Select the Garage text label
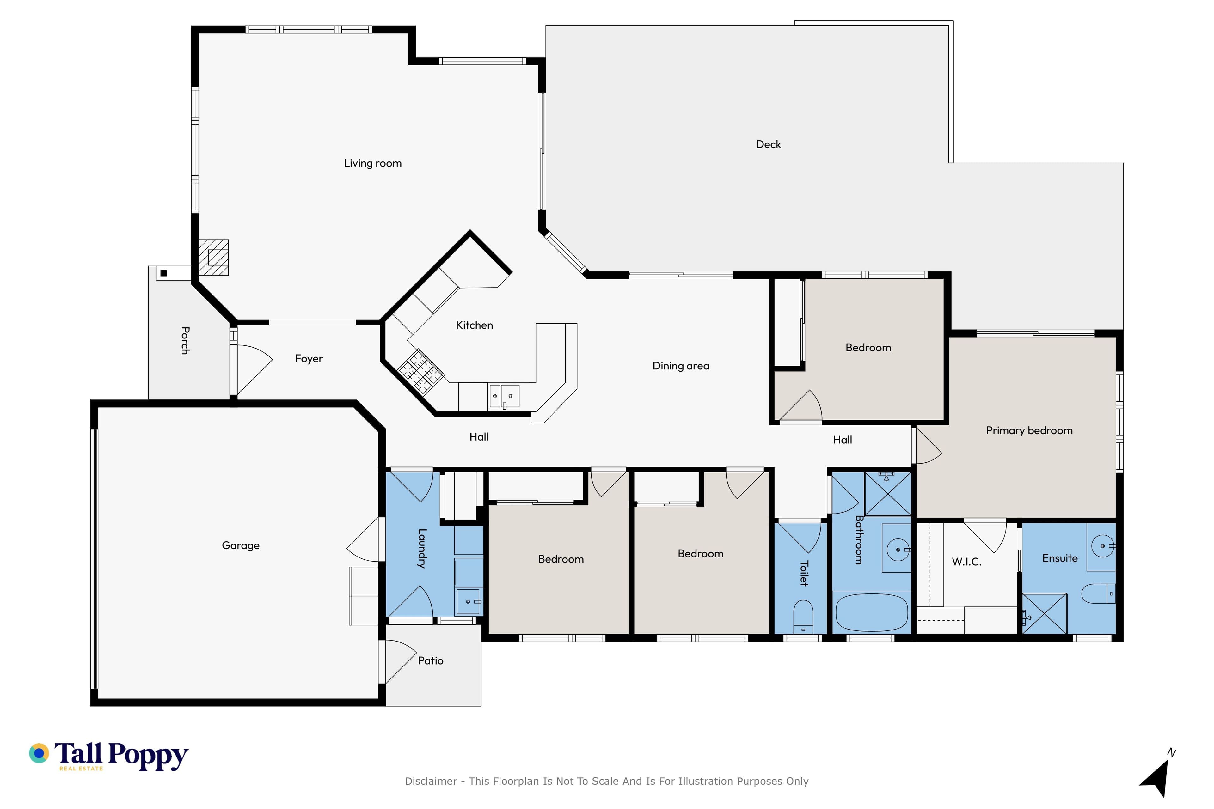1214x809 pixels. pos(241,545)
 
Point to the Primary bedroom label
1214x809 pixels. pos(1029,430)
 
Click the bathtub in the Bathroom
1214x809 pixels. pos(871,612)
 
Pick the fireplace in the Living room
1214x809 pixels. pos(214,257)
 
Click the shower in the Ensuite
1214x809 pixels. pos(1044,613)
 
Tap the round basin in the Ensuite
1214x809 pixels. pos(1102,546)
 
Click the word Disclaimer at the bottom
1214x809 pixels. pos(431,781)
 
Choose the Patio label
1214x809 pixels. pos(431,660)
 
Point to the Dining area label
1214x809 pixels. pos(681,366)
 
